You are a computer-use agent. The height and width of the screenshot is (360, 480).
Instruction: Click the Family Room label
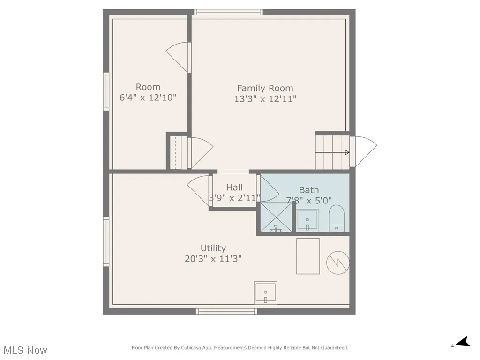[265, 88]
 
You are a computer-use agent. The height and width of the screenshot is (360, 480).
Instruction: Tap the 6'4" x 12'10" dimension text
[148, 98]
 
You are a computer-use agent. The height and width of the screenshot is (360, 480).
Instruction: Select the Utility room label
[213, 248]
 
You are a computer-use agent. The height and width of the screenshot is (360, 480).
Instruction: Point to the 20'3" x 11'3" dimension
[213, 258]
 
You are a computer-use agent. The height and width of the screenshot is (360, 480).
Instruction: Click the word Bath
[309, 190]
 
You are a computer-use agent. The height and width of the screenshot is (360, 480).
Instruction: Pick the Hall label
[234, 187]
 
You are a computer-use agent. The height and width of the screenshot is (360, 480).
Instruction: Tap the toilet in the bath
[337, 218]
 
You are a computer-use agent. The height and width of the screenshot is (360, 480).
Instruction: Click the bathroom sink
[307, 220]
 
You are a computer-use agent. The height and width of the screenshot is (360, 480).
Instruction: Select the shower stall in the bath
[276, 217]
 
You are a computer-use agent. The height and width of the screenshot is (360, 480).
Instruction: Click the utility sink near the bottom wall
[266, 293]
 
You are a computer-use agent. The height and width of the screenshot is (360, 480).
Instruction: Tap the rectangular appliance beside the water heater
[308, 256]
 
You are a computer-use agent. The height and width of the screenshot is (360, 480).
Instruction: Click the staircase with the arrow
[332, 152]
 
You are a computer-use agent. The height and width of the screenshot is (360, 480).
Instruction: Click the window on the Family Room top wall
[228, 12]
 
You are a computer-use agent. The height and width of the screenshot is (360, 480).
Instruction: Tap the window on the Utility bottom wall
[226, 311]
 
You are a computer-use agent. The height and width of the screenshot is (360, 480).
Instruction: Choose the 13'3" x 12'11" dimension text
[265, 99]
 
